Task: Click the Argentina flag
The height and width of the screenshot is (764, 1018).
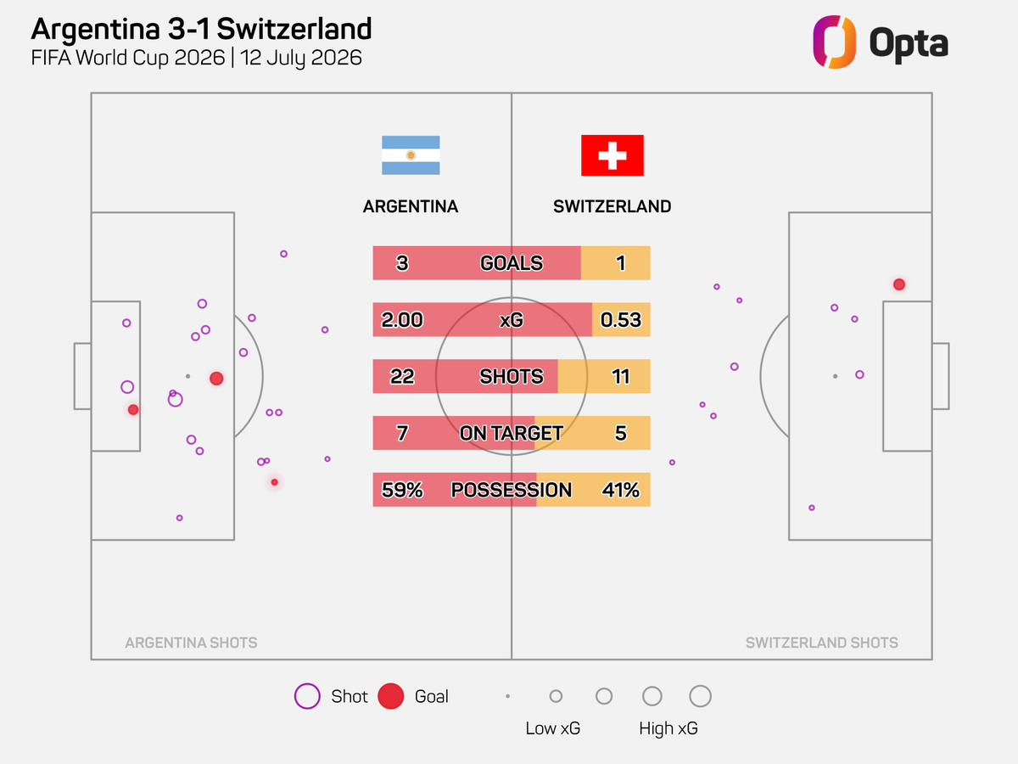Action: click(x=411, y=155)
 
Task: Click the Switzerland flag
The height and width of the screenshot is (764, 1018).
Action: click(x=612, y=155)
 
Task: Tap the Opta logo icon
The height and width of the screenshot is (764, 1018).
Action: click(x=835, y=42)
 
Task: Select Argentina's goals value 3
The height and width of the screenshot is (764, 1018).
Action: click(x=402, y=263)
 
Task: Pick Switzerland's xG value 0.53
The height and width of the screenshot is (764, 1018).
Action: click(x=620, y=320)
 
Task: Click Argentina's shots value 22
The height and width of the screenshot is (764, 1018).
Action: click(x=402, y=376)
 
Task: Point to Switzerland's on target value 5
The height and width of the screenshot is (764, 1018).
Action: click(x=620, y=433)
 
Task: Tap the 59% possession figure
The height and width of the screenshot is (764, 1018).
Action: click(x=402, y=490)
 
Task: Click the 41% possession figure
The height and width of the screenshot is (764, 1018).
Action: click(x=620, y=490)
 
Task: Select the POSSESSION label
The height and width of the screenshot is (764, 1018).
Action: click(x=511, y=490)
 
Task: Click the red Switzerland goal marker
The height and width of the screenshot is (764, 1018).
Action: click(x=898, y=284)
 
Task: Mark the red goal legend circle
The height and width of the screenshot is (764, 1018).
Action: click(x=390, y=696)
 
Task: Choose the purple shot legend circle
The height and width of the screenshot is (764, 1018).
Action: click(x=307, y=696)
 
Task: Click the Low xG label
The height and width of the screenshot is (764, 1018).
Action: click(x=552, y=728)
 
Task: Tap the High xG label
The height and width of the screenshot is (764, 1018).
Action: click(x=668, y=728)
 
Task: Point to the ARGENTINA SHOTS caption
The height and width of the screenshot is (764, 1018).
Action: click(x=191, y=643)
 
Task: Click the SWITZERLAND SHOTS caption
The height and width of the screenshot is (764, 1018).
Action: click(x=821, y=643)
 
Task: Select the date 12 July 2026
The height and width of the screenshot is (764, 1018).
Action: click(x=300, y=58)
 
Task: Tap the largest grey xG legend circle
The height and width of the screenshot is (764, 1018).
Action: click(x=700, y=685)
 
